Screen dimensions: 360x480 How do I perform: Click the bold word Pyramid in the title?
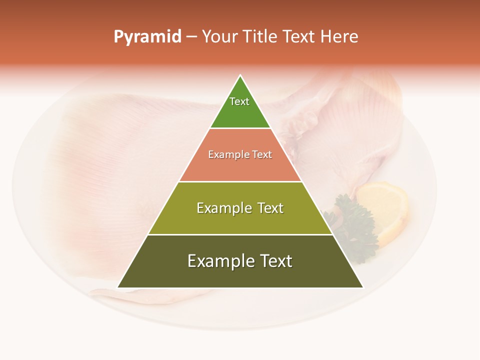tap(147, 37)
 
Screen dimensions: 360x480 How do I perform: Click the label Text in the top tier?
tap(239, 101)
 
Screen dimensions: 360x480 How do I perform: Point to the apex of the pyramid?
tap(240, 76)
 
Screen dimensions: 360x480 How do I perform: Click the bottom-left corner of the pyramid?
tap(118, 287)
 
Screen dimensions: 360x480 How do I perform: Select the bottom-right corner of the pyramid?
tap(362, 287)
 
